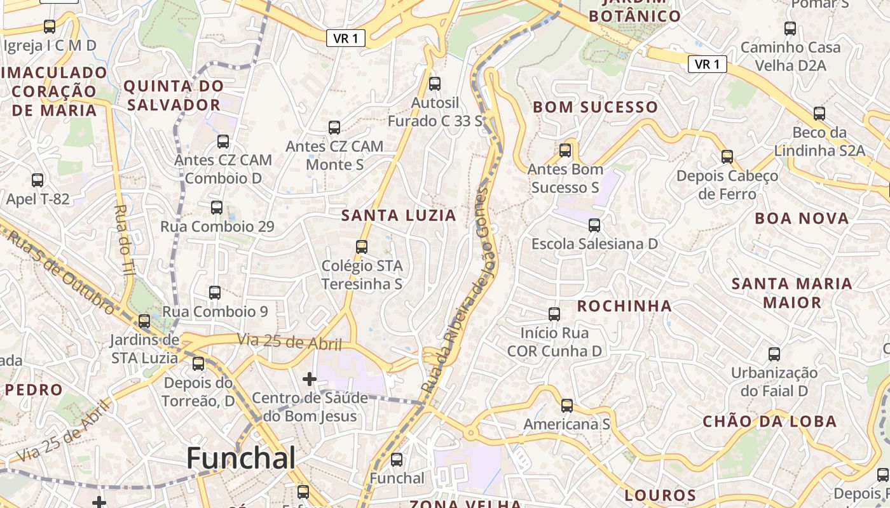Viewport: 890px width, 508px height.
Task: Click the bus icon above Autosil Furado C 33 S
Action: coord(435,83)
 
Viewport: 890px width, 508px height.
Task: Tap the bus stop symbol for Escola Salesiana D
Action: coord(594,225)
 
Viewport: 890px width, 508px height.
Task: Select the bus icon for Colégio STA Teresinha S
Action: coord(362,246)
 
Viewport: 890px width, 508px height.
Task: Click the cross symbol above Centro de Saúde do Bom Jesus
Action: coord(310,379)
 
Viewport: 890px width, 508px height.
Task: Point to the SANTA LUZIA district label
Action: coord(399,215)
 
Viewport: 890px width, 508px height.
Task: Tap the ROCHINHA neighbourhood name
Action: coord(624,306)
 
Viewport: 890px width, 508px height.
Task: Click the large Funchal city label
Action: coord(241,458)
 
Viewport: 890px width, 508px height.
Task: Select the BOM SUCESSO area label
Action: coord(595,107)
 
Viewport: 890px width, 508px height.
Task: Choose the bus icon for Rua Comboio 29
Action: coord(217,207)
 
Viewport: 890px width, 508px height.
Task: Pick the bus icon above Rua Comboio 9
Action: coord(215,293)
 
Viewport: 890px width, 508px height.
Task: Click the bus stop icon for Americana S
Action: coord(567,405)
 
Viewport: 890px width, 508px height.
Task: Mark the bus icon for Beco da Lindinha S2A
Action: coord(819,114)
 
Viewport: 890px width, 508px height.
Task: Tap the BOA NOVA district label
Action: coord(802,218)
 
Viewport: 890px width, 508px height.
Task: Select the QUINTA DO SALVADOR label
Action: coord(174,95)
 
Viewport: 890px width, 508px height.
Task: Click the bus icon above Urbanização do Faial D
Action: coord(774,354)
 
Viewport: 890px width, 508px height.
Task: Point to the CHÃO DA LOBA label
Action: coord(769,422)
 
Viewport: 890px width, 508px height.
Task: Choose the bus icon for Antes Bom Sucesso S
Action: coord(565,150)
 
